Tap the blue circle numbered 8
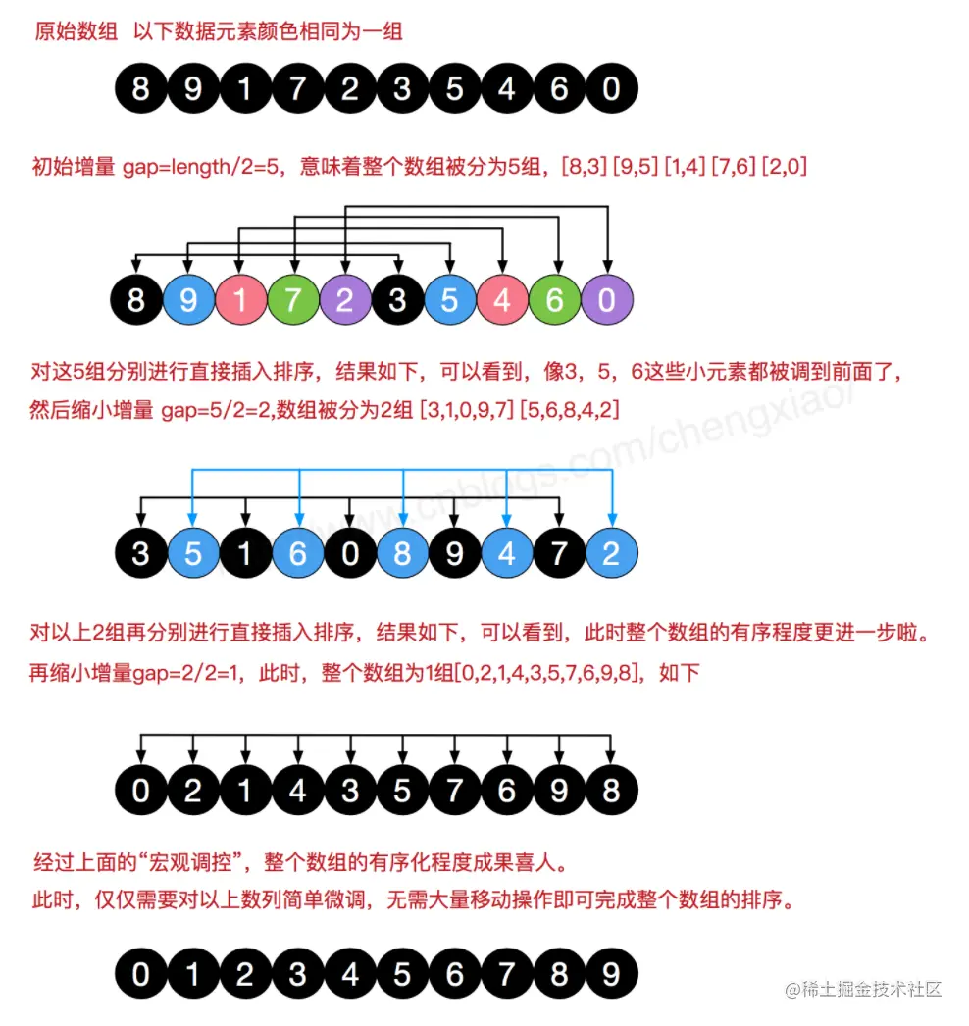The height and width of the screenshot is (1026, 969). tap(403, 554)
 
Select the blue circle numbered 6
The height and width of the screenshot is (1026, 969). tap(297, 554)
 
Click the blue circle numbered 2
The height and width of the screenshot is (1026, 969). tap(611, 554)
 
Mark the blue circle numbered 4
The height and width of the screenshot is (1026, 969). tap(507, 554)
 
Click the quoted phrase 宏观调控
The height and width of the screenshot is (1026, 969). tap(194, 863)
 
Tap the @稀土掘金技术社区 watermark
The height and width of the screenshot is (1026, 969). tap(864, 989)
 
